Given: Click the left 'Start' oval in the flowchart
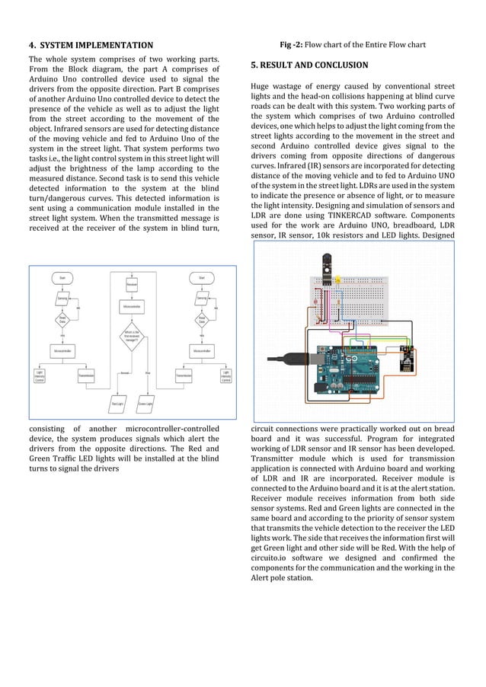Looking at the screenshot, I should (x=62, y=278).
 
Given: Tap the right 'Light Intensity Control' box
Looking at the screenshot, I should (x=225, y=375).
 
